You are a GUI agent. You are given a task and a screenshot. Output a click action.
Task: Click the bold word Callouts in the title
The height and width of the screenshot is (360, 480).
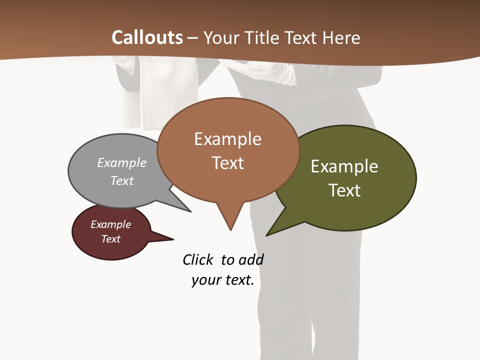tap(147, 37)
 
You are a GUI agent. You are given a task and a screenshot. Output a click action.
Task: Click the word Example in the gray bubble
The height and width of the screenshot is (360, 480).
tap(122, 163)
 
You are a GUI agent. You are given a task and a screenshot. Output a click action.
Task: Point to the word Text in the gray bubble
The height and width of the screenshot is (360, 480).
tap(122, 180)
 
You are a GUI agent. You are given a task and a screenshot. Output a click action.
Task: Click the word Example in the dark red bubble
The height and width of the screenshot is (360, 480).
tap(111, 224)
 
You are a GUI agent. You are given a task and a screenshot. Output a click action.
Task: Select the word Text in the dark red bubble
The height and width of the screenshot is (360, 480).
tap(111, 239)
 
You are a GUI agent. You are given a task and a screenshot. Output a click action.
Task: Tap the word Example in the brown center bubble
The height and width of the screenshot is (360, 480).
tap(227, 139)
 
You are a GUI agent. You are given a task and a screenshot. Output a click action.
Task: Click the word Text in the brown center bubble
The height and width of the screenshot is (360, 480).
tap(227, 163)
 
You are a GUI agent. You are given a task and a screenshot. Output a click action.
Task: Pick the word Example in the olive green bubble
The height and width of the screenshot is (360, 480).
tap(344, 166)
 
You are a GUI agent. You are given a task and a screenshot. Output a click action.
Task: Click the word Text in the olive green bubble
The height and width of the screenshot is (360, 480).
tap(344, 190)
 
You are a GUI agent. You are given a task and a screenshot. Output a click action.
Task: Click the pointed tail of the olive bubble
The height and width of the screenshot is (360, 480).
tap(267, 234)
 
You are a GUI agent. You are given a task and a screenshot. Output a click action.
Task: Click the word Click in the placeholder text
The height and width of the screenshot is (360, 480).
tap(198, 260)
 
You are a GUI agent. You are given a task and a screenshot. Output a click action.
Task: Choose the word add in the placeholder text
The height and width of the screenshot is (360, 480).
tap(251, 260)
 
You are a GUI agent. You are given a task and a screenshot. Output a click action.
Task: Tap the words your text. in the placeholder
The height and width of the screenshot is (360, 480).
tap(223, 280)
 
